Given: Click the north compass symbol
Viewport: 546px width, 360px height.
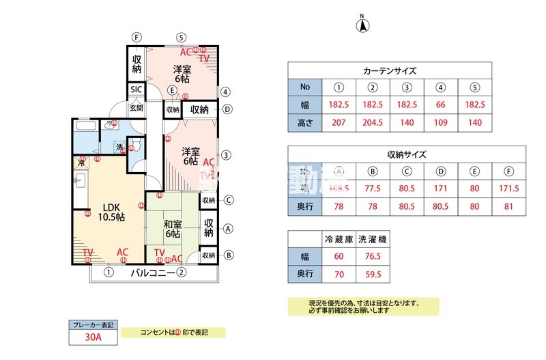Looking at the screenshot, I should (363, 26).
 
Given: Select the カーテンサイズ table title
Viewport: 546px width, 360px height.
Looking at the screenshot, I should (389, 71).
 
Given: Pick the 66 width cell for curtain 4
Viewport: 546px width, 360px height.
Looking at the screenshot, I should (440, 105).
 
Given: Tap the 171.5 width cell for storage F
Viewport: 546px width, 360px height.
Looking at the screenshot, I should (508, 189).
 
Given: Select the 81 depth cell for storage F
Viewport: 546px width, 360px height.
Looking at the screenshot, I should (508, 206).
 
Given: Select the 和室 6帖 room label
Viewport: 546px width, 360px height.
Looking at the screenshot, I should (172, 228).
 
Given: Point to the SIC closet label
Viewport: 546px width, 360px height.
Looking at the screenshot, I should (136, 90).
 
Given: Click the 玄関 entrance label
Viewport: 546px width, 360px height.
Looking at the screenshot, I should (136, 108).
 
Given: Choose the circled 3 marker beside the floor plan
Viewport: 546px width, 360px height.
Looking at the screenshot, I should (225, 154).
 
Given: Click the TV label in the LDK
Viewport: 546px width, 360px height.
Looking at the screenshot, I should (88, 253).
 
